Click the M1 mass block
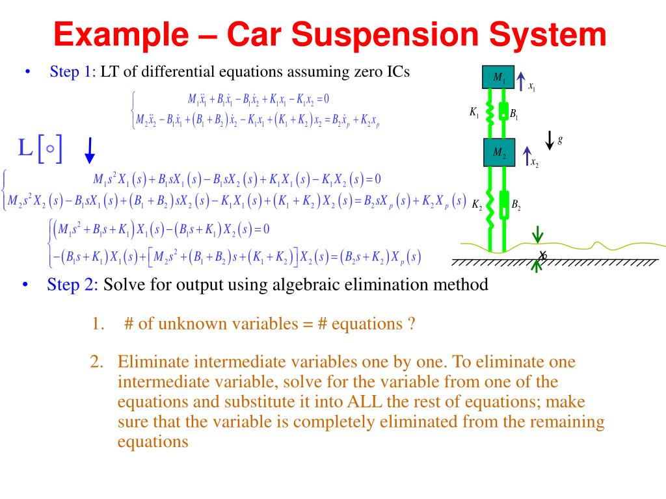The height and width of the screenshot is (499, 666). click(498, 77)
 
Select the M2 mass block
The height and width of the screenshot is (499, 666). click(499, 153)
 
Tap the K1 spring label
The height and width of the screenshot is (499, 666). click(474, 112)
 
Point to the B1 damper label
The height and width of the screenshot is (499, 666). click(514, 114)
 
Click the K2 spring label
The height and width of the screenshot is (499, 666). click(477, 205)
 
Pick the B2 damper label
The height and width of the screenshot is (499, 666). click(516, 205)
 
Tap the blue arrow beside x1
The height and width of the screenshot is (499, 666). click(521, 80)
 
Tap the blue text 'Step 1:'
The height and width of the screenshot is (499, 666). click(73, 71)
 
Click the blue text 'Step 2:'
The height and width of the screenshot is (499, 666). click(72, 285)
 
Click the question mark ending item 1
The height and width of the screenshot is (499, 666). click(412, 324)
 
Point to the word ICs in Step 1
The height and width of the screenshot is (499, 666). click(394, 71)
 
